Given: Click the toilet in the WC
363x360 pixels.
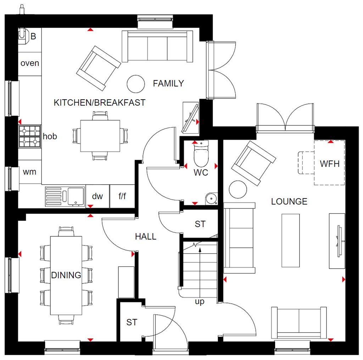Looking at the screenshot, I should pos(201,156).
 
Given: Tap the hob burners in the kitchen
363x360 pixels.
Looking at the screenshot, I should pos(29,136).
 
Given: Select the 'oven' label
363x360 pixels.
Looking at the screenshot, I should pos(30,63).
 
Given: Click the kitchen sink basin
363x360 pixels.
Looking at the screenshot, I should pos(76,196).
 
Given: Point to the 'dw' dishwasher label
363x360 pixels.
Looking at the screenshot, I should pos(97,196).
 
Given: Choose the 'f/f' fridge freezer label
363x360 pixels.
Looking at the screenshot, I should pos(122,196).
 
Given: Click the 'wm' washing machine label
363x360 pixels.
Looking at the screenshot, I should pos(29,172).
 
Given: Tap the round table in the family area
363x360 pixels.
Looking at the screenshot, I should pos(135,84).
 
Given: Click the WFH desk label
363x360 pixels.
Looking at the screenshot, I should pos(330,164).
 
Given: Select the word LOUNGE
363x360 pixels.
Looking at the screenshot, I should pos(289,202).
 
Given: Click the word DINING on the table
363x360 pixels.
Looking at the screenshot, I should pos(66,275).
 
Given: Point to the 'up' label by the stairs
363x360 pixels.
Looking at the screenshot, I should pos(200,302).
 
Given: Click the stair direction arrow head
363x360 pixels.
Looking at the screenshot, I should pos(200,250).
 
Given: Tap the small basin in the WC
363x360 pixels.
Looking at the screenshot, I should pos(212,198).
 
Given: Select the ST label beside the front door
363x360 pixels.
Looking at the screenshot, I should pos(132,322).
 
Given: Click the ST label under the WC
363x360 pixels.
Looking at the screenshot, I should pos(200,224).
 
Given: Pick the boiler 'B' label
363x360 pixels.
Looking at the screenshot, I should pos(33,37).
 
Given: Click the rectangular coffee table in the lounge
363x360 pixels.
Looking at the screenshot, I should pos(290,240).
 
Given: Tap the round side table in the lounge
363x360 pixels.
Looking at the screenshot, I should pos(238,190).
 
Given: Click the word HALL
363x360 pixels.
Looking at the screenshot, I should pos(146,237).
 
